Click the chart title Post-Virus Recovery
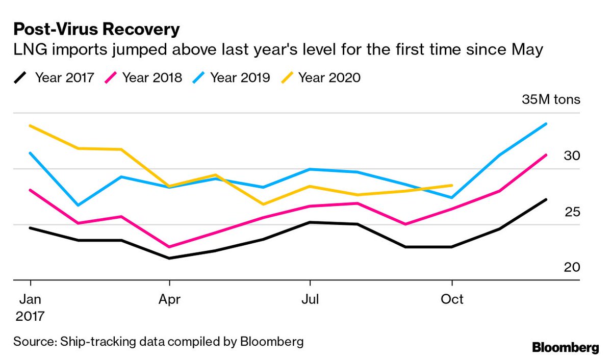(96, 29)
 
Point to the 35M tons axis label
(551, 99)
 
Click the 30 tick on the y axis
(572, 156)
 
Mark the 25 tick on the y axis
(572, 211)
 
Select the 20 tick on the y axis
(572, 267)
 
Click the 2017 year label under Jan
(31, 316)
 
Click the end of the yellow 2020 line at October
(452, 185)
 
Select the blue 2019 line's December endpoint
(546, 123)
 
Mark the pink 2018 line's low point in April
(169, 247)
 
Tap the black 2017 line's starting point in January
(31, 227)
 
